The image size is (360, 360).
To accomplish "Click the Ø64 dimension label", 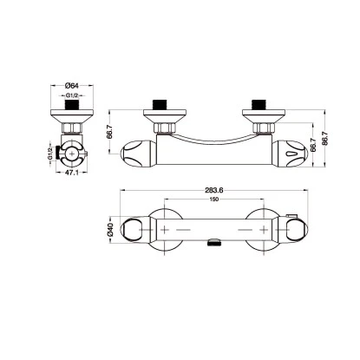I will pyautogui.click(x=73, y=84).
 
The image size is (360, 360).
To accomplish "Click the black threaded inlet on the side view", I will pyautogui.click(x=73, y=108).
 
